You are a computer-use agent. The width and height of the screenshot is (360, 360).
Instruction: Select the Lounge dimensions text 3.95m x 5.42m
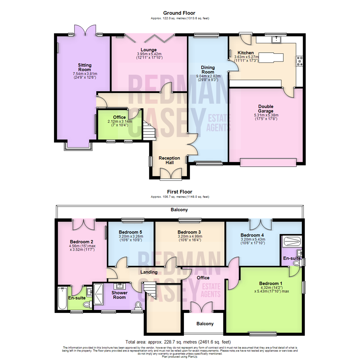click(x=149, y=54)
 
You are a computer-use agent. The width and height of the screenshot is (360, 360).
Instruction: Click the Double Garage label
click(x=266, y=109)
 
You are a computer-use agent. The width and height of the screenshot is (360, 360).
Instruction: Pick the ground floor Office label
click(x=119, y=117)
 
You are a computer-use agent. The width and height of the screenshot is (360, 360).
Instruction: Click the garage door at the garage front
click(x=268, y=162)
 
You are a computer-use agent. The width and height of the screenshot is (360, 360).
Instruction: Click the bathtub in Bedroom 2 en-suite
click(x=62, y=298)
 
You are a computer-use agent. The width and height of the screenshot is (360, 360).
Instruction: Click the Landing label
click(x=149, y=272)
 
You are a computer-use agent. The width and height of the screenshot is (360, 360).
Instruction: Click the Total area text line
click(x=178, y=342)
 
